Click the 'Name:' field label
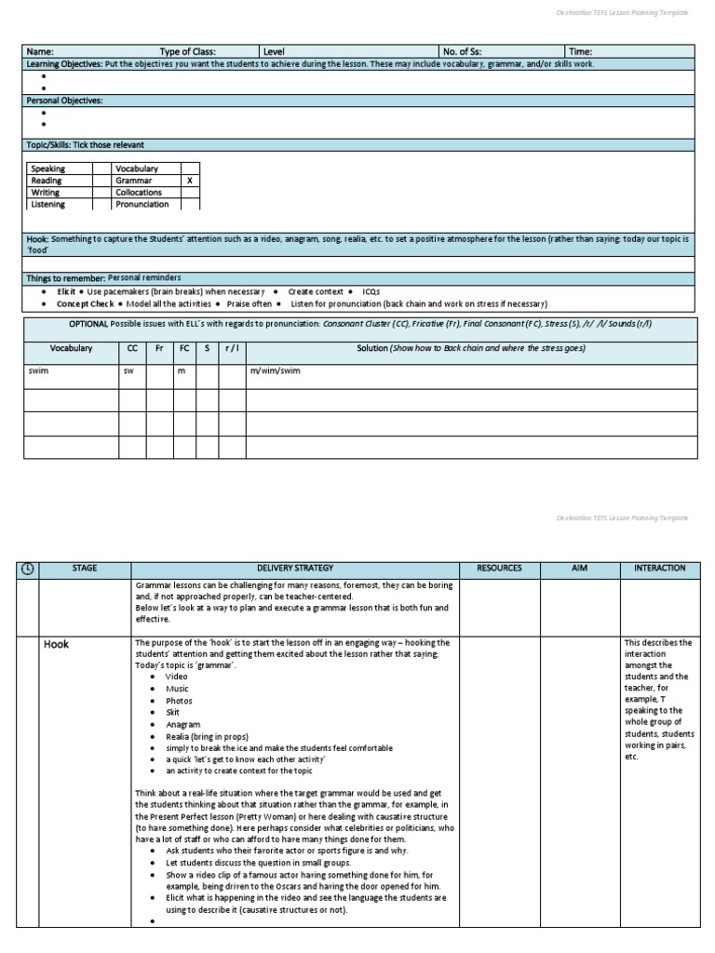coord(40,52)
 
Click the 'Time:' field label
coord(580,52)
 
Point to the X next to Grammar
coord(190,181)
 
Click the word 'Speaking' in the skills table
coord(48,168)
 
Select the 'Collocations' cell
coord(139,193)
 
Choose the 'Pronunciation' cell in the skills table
coord(142,204)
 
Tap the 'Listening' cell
coord(48,204)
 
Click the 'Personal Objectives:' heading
coord(64,100)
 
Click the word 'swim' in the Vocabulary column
coord(37,370)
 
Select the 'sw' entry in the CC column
coord(128,370)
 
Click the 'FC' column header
coord(183,348)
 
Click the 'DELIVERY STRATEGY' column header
coord(294,568)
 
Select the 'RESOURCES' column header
coord(499,568)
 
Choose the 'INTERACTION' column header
coord(659,568)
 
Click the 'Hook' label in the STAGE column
coord(57,644)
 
